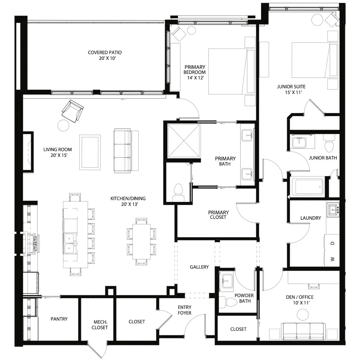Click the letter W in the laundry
coord(332,259)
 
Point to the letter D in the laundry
coord(332,243)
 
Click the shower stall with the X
coord(184,141)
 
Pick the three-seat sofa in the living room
coord(122,151)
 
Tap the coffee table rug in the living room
coord(90,152)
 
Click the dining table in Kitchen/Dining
coord(141,241)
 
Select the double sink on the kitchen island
coord(70,243)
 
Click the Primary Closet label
coord(218,215)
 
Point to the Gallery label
coord(199,267)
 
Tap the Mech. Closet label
coord(100,325)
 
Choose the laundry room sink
coord(333,210)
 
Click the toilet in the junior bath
coord(329,143)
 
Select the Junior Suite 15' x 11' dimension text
coord(293,92)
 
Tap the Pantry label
coord(59,319)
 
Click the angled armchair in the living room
coord(73,111)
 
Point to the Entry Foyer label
coord(184,310)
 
